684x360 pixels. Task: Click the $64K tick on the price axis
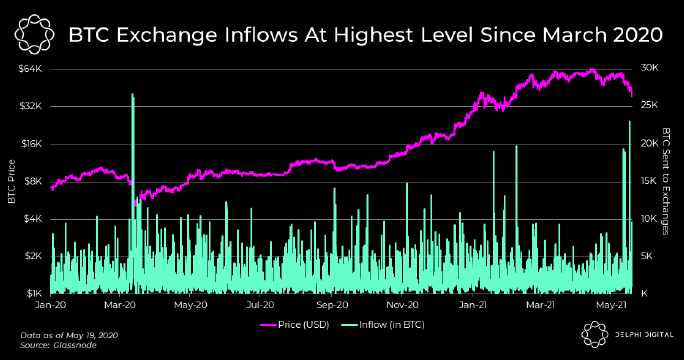pyautogui.click(x=31, y=69)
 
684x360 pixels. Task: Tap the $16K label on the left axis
pyautogui.click(x=31, y=144)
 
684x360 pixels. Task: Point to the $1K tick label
pyautogui.click(x=34, y=293)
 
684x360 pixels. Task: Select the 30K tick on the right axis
pyautogui.click(x=650, y=68)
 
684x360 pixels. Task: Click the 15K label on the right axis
pyautogui.click(x=649, y=181)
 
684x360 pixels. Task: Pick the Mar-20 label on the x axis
pyautogui.click(x=120, y=305)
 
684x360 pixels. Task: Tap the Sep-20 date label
pyautogui.click(x=332, y=305)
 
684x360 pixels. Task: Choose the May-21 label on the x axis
pyautogui.click(x=612, y=305)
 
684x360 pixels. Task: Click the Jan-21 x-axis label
pyautogui.click(x=473, y=305)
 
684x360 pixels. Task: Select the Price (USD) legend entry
pyautogui.click(x=294, y=325)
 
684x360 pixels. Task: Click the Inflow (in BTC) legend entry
pyautogui.click(x=383, y=325)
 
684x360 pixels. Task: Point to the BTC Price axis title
pyautogui.click(x=12, y=182)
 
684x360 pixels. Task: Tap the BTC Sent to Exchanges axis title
pyautogui.click(x=666, y=181)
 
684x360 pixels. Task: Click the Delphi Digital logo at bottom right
pyautogui.click(x=627, y=335)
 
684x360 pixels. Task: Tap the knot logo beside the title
pyautogui.click(x=34, y=34)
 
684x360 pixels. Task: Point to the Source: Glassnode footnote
pyautogui.click(x=58, y=345)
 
